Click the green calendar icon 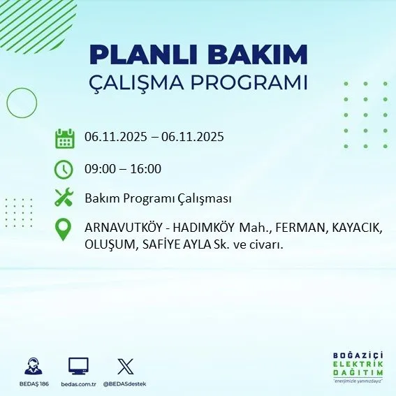pos(64,138)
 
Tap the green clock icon pos(64,169)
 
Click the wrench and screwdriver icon pos(64,198)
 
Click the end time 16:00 pos(146,168)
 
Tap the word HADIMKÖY pos(202,228)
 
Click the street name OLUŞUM pos(108,244)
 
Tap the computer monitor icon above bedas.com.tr pos(78,365)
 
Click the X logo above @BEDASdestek pos(125,365)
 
